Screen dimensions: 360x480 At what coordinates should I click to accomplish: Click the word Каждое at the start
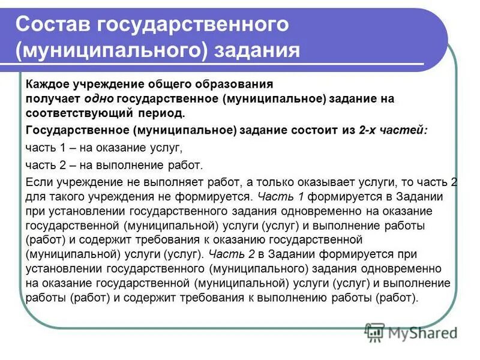click(x=45, y=84)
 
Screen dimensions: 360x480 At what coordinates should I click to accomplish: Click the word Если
click(x=38, y=182)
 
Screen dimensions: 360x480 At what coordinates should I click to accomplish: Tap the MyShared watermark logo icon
click(x=375, y=332)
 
